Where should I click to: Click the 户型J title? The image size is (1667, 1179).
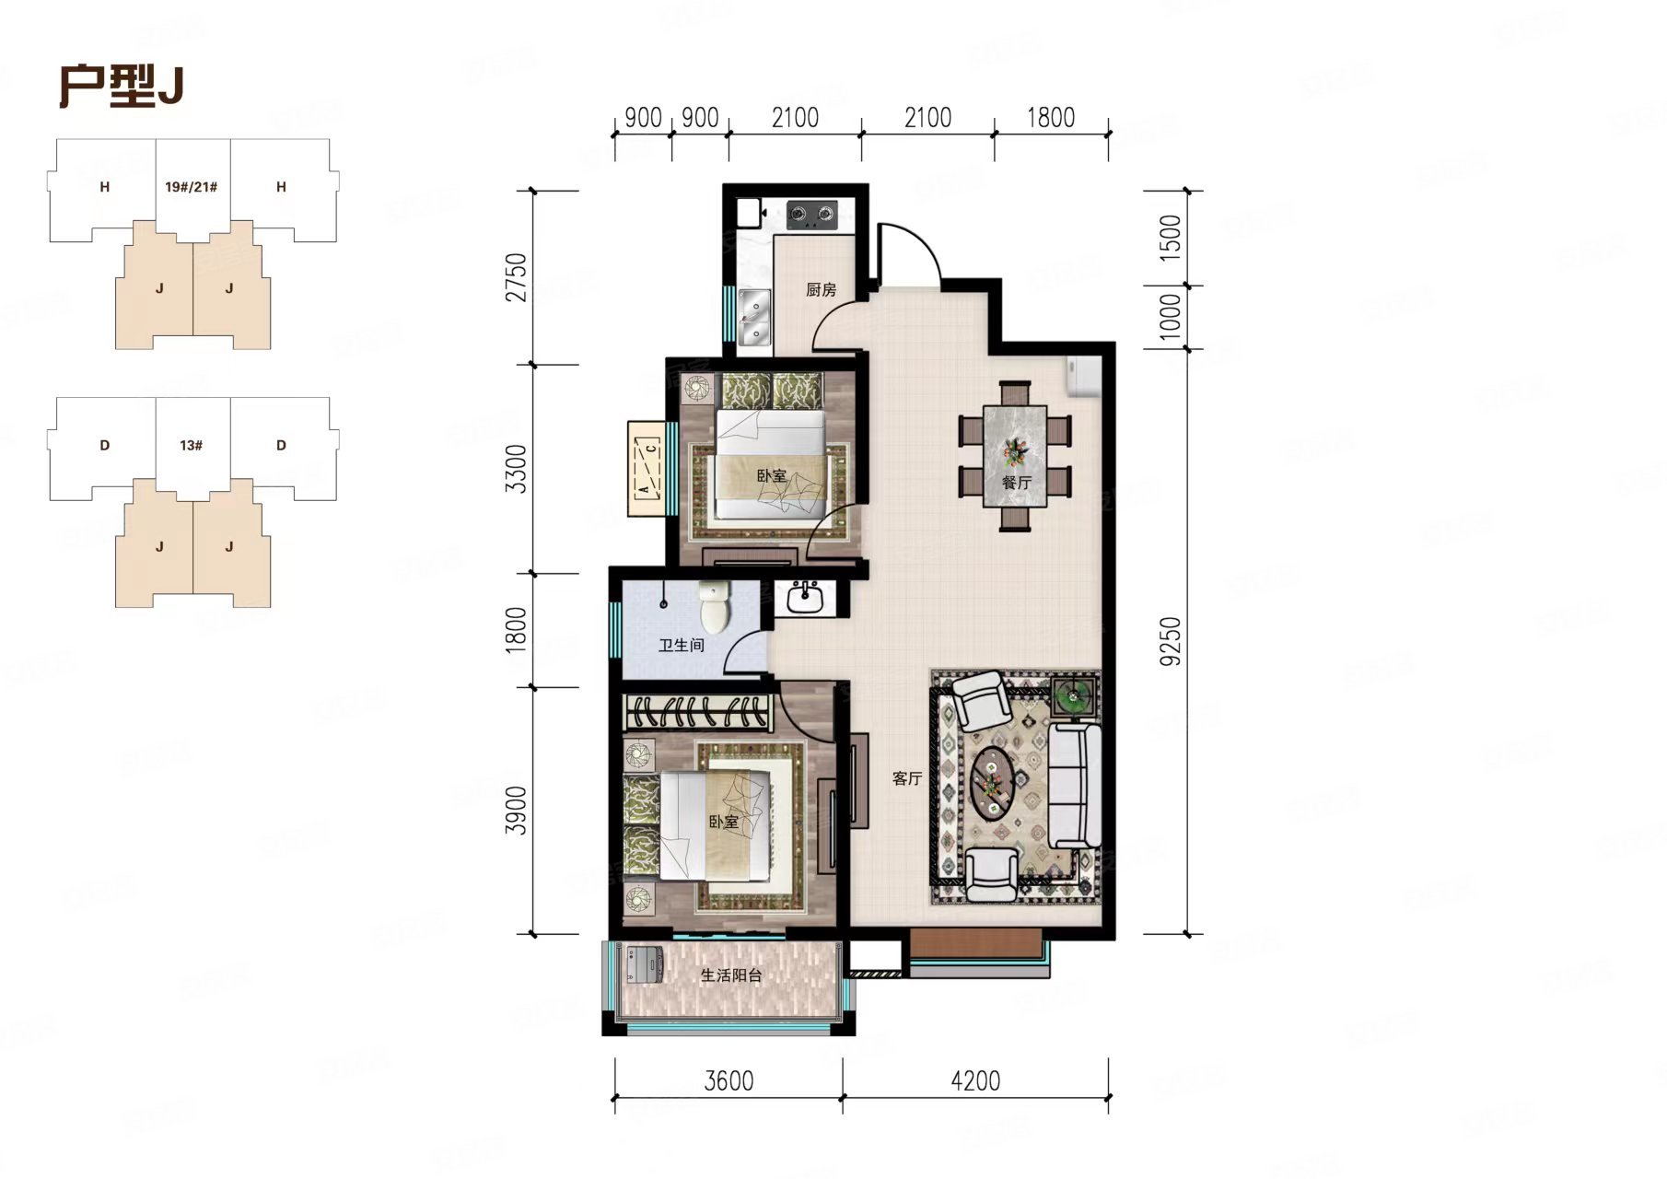coord(122,87)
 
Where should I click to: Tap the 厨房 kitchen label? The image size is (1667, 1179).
coord(821,290)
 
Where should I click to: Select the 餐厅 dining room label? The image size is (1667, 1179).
coord(1016,482)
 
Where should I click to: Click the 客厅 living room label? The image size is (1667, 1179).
coord(907,778)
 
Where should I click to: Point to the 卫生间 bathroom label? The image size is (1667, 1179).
coord(682,645)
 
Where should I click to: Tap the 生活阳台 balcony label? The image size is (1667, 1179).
coord(731,975)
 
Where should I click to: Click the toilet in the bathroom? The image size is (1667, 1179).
coord(715,604)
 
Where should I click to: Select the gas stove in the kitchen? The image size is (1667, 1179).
coord(811,216)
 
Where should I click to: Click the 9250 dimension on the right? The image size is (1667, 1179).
coord(1171,641)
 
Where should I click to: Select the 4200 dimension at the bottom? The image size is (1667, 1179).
coord(975,1080)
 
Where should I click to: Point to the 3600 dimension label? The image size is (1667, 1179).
coord(729,1080)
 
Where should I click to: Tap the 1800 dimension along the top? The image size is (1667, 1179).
coord(1051,118)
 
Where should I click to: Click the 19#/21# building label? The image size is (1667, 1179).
coord(192,187)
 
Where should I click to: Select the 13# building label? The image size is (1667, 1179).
coord(192,445)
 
